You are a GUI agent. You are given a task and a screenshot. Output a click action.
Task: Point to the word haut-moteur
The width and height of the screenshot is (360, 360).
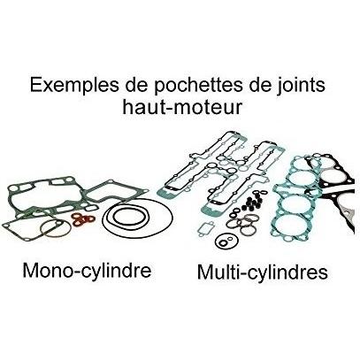pos(182,107)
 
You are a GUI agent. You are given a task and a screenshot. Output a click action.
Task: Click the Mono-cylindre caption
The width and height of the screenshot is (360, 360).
pos(87,271)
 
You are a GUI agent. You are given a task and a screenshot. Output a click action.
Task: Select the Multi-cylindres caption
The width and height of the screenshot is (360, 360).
pos(263,272)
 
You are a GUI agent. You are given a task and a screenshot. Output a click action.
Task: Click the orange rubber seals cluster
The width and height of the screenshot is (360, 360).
pos(83,218)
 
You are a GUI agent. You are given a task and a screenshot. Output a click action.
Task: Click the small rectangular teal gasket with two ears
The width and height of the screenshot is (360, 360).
pos(205,228)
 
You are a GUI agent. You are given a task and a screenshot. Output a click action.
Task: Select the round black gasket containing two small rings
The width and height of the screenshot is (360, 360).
pos(226,241)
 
